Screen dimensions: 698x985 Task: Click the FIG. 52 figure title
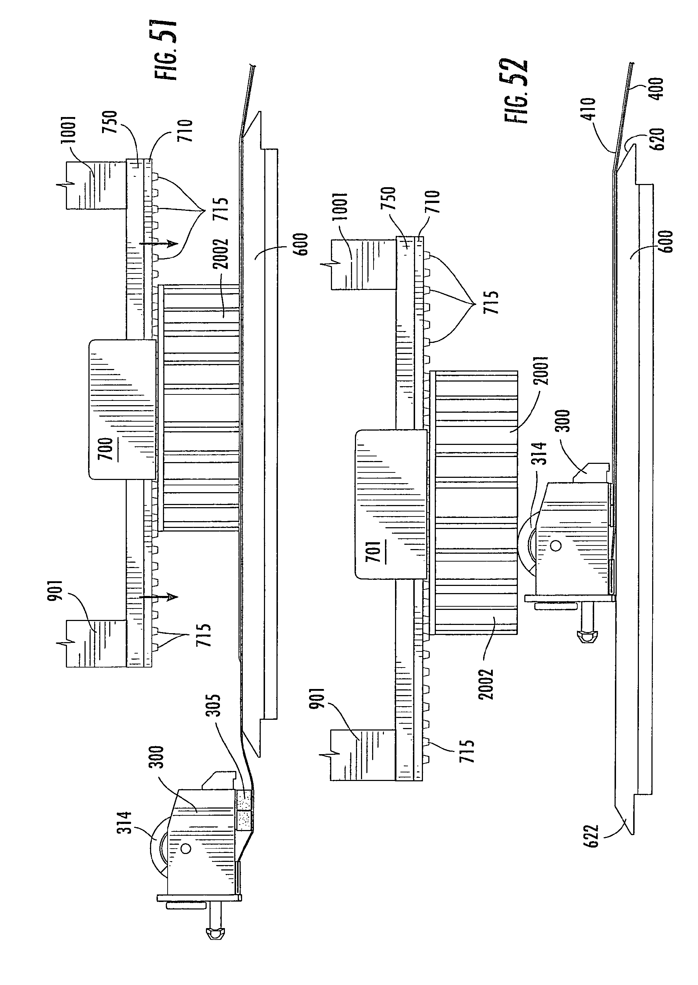pos(516,91)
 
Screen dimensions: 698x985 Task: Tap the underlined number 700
pos(106,449)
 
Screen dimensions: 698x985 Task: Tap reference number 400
pos(657,89)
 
